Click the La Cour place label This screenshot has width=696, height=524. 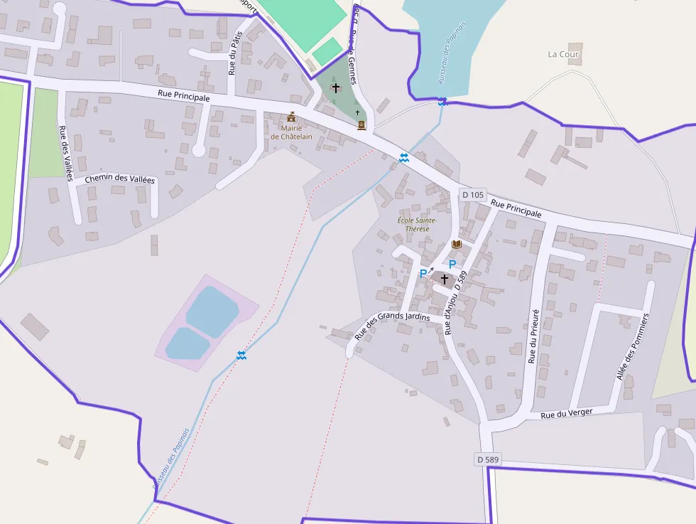564,54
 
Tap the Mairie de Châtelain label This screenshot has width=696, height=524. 291,132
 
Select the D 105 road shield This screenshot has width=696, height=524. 472,195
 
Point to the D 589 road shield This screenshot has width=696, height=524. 488,460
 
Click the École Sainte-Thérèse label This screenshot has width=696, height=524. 418,225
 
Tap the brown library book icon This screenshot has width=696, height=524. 457,245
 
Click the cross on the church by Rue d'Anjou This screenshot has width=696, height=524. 445,279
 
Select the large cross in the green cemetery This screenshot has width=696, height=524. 335,88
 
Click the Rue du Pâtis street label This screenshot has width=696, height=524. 234,53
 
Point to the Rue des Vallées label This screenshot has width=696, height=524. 65,153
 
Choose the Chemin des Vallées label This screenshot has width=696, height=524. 119,179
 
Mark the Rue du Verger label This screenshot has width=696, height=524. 566,413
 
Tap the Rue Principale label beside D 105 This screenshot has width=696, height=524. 516,208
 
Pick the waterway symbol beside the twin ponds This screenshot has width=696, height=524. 241,354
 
